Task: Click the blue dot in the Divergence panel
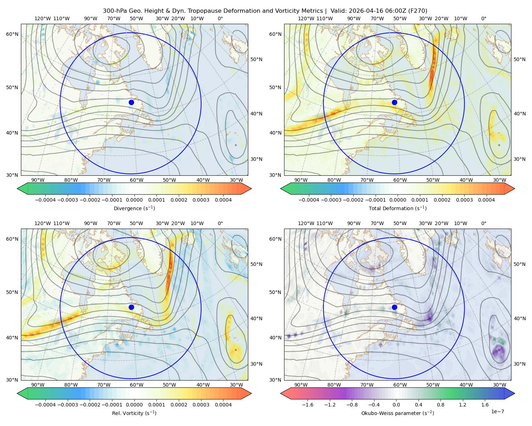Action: (131, 102)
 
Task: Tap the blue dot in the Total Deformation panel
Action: (394, 102)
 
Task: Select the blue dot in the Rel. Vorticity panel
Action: (131, 307)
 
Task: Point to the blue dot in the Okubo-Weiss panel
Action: (394, 307)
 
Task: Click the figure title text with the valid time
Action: (265, 11)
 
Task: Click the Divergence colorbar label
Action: (134, 208)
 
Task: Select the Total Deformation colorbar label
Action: (398, 208)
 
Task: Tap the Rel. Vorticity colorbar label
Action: (134, 413)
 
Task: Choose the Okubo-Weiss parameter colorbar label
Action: (398, 413)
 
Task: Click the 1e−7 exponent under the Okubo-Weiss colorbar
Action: (497, 411)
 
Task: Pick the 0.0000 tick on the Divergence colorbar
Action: (134, 200)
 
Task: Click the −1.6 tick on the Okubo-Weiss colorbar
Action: (307, 404)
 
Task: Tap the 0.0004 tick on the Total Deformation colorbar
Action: (486, 200)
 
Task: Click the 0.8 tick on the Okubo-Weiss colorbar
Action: (440, 404)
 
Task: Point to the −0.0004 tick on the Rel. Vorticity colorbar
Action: (45, 404)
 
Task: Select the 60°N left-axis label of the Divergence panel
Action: (12, 34)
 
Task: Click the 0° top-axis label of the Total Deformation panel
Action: (483, 18)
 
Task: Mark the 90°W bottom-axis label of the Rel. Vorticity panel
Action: (38, 385)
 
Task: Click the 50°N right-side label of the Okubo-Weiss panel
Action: (519, 264)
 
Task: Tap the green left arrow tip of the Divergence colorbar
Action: (17, 189)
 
